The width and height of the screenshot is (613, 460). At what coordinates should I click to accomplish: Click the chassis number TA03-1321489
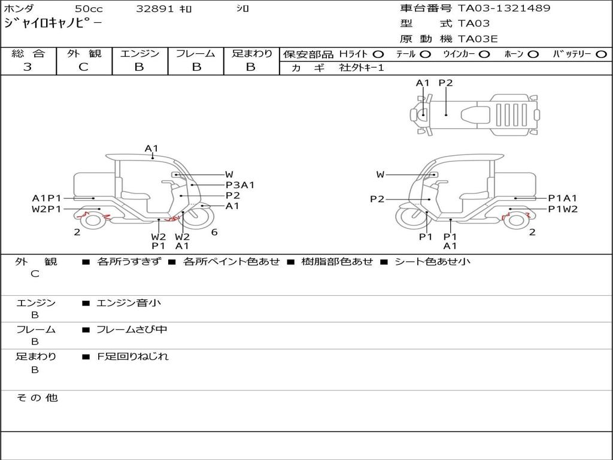504,8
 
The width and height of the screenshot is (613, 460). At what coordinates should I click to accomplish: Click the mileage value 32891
154,9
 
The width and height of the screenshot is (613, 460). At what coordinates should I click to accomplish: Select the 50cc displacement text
88,9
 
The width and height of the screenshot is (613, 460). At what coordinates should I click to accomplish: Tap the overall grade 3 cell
28,67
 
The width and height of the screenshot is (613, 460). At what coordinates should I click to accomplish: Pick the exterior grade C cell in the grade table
83,67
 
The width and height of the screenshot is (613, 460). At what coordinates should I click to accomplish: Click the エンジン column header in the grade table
139,54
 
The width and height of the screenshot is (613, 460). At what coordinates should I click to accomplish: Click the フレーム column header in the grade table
196,54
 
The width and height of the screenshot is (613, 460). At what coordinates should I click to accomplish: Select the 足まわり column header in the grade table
251,54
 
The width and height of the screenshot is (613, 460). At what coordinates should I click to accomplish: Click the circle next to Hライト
378,55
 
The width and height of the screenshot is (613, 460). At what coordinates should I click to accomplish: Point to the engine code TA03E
478,40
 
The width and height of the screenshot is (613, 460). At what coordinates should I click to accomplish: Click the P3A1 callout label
240,185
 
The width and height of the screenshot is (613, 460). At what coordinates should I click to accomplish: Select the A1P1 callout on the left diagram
46,198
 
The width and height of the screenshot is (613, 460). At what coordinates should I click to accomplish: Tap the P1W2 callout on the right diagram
563,209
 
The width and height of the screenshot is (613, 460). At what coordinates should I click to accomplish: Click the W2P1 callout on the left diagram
46,209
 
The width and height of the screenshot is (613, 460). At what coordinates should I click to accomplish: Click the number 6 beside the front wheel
214,232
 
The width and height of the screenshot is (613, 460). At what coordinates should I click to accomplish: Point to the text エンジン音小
129,303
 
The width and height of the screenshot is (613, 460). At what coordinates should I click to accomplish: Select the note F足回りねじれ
133,356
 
